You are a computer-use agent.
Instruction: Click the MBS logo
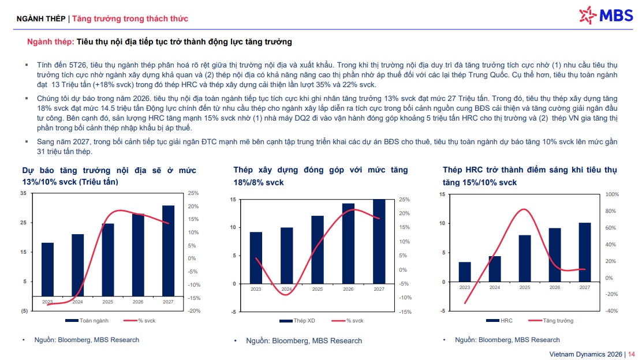(x=606, y=16)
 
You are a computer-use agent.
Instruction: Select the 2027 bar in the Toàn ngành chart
(x=168, y=251)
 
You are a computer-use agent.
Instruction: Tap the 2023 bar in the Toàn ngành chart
(x=47, y=269)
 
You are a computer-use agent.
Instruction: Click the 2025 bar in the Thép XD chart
(x=318, y=250)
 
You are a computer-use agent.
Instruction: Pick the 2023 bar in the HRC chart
(x=465, y=272)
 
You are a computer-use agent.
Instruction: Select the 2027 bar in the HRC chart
(x=585, y=252)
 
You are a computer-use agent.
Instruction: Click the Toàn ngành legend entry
(x=87, y=321)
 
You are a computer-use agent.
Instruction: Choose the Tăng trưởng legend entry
(x=551, y=321)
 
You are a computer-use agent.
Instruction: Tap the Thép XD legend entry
(x=297, y=321)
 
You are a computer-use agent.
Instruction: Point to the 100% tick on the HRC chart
(x=612, y=194)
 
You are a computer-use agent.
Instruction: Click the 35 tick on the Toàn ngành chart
(x=23, y=193)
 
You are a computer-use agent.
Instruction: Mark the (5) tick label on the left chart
(x=25, y=311)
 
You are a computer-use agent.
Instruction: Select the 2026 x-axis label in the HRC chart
(x=555, y=287)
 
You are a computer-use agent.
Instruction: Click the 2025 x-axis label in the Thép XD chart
(x=318, y=289)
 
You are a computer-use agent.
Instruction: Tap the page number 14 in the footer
(x=632, y=354)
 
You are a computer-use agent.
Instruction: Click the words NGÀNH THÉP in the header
(x=41, y=19)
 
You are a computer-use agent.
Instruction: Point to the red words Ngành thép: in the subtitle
(x=50, y=42)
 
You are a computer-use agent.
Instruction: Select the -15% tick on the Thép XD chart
(x=405, y=312)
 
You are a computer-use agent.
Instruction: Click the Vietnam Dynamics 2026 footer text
(x=585, y=354)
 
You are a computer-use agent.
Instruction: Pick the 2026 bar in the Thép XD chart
(x=349, y=243)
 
